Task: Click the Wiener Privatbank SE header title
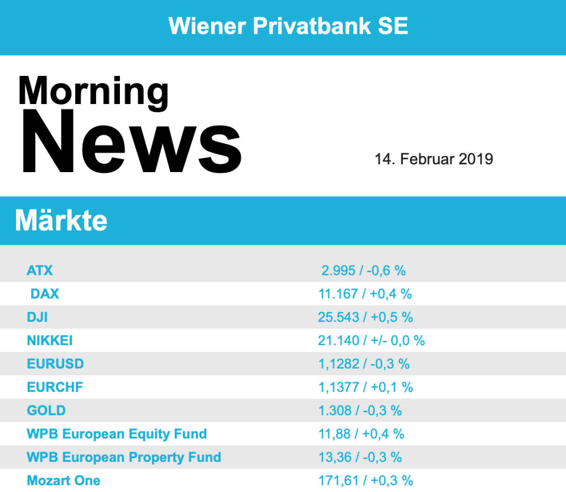tap(288, 26)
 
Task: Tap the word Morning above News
tap(93, 91)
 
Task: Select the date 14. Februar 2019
tap(433, 159)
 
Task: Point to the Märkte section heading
tap(61, 221)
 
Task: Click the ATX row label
tap(40, 271)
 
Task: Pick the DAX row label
tap(45, 294)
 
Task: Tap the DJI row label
tap(38, 317)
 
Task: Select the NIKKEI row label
tap(50, 340)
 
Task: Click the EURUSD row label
tap(55, 364)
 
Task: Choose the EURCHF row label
tap(55, 387)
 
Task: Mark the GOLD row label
tap(46, 410)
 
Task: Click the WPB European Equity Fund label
tap(117, 433)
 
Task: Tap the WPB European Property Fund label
tap(124, 457)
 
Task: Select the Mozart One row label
tap(64, 480)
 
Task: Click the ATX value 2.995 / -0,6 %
tap(364, 271)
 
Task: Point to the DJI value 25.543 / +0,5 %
tap(365, 317)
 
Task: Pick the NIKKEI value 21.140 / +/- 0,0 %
tap(371, 340)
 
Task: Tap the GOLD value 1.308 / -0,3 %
tap(360, 410)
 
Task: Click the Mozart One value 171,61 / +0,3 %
tap(365, 480)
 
